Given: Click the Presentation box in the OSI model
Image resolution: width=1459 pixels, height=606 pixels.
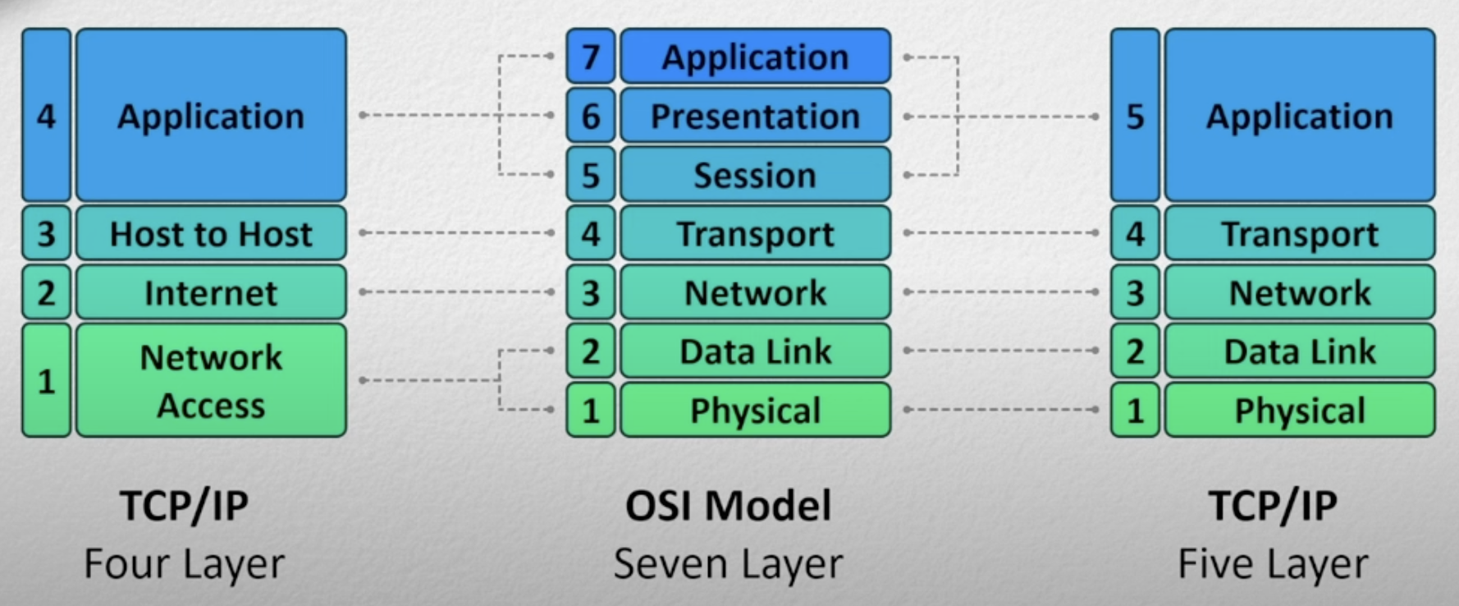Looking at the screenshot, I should coord(755,116).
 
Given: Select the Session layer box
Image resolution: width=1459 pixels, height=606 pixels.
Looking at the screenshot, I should coord(755,175).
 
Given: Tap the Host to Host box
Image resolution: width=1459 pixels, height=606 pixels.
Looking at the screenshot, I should coord(211,234).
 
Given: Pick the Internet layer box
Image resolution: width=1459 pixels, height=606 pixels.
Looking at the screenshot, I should coord(211,293).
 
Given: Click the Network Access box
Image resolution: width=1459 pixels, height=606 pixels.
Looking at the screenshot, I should coord(211,380).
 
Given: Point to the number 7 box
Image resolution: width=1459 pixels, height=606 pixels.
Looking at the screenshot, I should coord(590,57).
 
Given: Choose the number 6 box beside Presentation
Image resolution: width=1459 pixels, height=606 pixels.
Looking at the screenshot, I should coord(590,116).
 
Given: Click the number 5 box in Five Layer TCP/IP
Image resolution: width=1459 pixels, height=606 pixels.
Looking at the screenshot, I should coord(1135,116).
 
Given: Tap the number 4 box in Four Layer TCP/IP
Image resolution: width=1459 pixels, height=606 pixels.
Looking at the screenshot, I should coord(46,116).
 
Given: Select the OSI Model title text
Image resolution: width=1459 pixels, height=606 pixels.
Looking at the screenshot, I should coord(728,505).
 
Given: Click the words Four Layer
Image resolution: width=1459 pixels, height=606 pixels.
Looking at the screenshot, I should coord(184,564).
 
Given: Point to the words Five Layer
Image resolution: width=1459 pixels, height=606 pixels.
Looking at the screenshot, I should coord(1273,564).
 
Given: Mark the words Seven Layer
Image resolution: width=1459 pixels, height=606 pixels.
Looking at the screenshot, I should coord(728,564).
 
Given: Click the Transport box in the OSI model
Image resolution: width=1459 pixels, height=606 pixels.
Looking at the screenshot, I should coord(755,234).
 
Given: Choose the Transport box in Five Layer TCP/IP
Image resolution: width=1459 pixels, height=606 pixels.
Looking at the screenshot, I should coord(1300,234).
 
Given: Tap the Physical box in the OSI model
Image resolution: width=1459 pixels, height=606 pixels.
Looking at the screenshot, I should coord(755,410).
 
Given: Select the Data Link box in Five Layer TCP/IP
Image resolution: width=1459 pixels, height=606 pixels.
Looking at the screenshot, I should coord(1300,351).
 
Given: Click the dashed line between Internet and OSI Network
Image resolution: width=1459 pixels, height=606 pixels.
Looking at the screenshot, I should coord(456,292).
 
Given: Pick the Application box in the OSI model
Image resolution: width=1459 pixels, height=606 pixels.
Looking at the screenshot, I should coord(755,57).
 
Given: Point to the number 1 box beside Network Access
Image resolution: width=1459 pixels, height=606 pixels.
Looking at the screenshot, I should coord(46,380).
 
